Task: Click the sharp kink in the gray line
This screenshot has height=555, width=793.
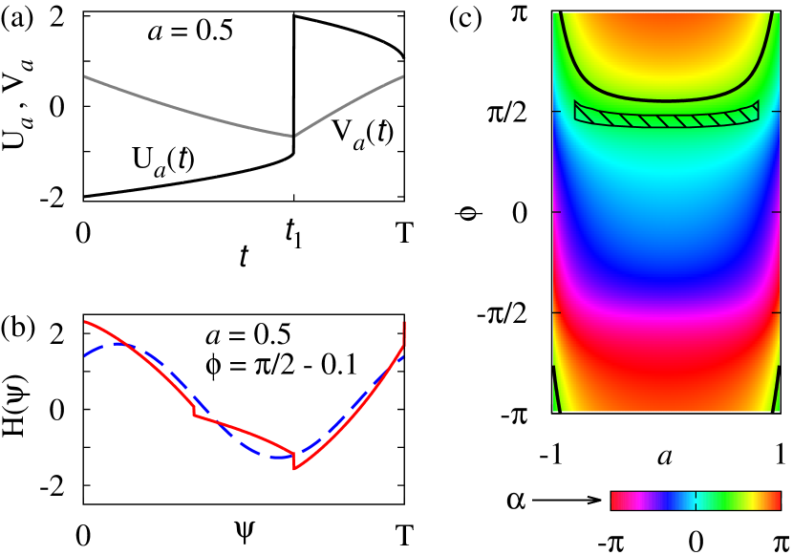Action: (292, 136)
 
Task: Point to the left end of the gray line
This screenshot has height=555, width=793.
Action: (85, 76)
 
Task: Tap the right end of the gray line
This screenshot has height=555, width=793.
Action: (402, 76)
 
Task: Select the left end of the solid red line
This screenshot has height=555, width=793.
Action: (85, 322)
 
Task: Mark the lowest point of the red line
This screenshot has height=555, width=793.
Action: (294, 468)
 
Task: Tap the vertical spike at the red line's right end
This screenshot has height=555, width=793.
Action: (404, 332)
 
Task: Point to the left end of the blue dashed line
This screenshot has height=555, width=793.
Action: (85, 355)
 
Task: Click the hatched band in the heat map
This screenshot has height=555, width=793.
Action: (666, 119)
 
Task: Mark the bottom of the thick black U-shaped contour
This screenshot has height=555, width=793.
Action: (666, 100)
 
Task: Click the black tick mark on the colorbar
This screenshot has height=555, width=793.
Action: (696, 501)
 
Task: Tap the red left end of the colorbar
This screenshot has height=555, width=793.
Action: (614, 501)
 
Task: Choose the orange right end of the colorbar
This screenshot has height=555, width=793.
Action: (777, 501)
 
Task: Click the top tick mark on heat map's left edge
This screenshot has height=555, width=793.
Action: (556, 111)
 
